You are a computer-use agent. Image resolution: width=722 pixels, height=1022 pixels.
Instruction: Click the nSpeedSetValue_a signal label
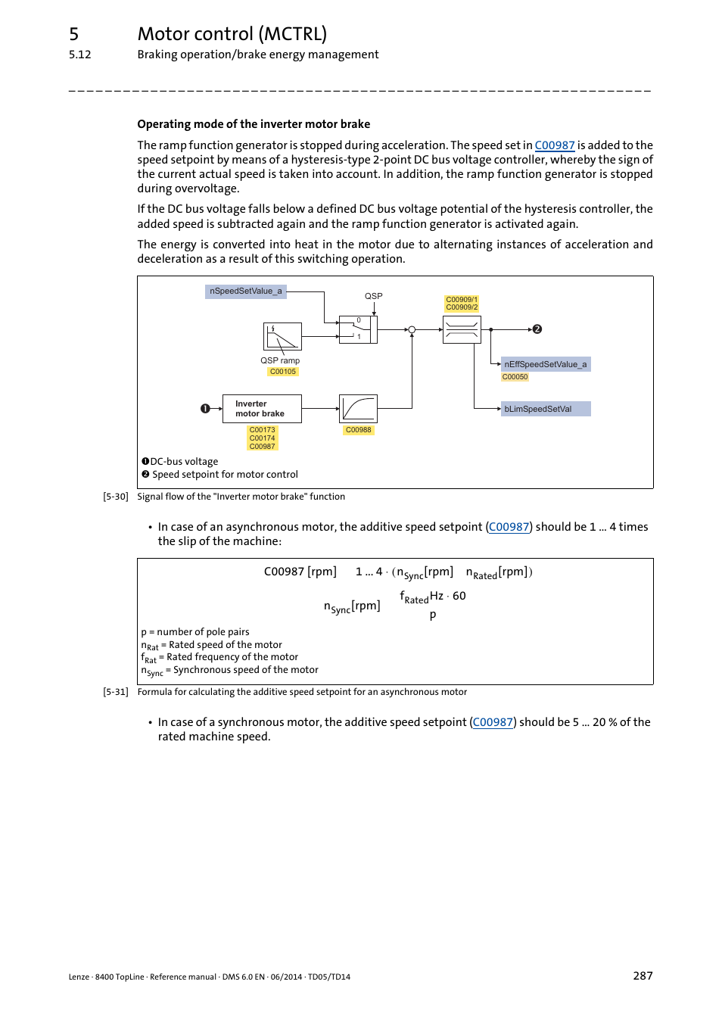(x=245, y=291)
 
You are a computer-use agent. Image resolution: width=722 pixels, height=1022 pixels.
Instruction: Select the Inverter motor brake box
(x=262, y=409)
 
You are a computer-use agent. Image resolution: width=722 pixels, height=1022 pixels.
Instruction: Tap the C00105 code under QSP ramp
(x=283, y=372)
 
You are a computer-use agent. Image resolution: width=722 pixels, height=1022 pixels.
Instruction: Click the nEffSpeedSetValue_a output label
(x=545, y=364)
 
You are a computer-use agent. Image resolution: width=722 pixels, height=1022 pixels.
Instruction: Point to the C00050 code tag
(x=515, y=377)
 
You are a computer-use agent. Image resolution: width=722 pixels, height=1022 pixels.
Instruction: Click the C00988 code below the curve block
(x=358, y=430)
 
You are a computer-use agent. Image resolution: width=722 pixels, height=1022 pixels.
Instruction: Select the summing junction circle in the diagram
(x=412, y=330)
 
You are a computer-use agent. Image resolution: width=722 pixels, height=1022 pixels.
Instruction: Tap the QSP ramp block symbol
(x=282, y=335)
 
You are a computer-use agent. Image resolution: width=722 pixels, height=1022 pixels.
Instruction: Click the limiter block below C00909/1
(x=462, y=329)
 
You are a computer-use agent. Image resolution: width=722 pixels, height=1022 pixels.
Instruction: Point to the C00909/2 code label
(x=462, y=307)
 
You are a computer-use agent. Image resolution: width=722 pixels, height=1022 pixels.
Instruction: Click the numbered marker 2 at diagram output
(x=537, y=329)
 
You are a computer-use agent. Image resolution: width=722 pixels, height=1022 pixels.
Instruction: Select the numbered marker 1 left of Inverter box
(x=205, y=409)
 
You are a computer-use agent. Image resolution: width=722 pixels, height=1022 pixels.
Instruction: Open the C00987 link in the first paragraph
(x=555, y=145)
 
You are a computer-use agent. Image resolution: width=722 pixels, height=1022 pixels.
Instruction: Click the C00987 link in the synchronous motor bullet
(x=493, y=722)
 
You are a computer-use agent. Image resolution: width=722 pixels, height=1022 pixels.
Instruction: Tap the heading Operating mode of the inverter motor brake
(x=254, y=124)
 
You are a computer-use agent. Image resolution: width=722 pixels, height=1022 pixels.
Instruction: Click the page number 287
(x=643, y=976)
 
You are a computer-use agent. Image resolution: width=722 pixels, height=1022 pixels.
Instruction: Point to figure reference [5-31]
(x=116, y=692)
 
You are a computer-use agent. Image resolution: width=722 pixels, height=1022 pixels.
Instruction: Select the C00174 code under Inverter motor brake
(x=263, y=438)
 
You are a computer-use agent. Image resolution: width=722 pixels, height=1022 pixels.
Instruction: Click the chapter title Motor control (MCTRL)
(x=232, y=34)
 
